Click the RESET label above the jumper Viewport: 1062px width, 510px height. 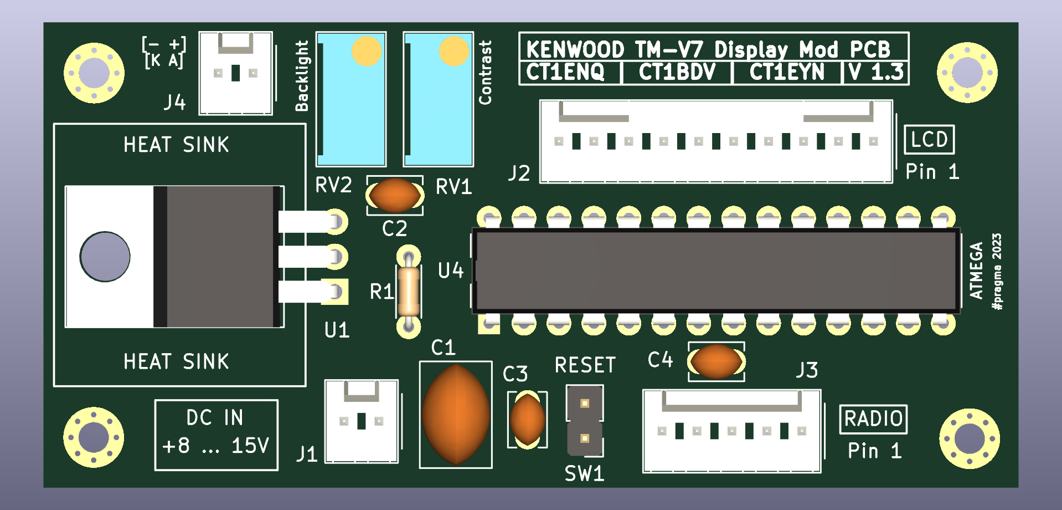(x=585, y=365)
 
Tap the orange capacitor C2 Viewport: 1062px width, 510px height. (x=395, y=195)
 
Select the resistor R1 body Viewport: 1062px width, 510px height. (x=409, y=292)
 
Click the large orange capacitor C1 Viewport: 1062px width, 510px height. (x=456, y=414)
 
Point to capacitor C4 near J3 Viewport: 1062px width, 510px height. (x=716, y=361)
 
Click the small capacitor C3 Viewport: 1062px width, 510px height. (x=527, y=420)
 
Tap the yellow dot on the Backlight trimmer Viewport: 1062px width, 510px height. (x=367, y=52)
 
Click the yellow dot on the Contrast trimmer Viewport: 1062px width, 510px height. (x=454, y=52)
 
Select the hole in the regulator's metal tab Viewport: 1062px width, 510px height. (x=105, y=257)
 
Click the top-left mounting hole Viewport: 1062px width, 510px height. (x=94, y=73)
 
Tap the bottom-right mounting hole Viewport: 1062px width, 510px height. (x=969, y=438)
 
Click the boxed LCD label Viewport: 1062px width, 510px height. (x=929, y=140)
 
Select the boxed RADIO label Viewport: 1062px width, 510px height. (x=873, y=419)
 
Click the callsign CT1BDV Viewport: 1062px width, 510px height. (x=677, y=73)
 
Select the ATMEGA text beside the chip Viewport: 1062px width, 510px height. (x=976, y=271)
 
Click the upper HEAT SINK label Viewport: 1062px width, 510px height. (x=176, y=145)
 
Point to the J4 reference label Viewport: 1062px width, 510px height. (x=174, y=102)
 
